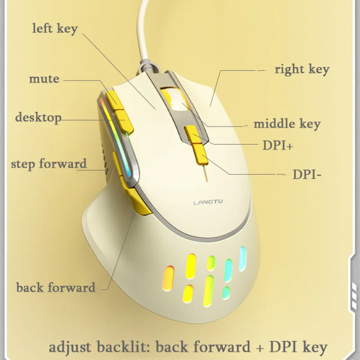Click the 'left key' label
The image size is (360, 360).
55,29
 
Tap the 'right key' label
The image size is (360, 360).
302,69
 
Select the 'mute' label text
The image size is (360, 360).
44,79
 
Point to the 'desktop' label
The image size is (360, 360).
38,117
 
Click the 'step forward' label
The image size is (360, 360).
49,163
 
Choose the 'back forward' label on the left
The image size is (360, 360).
56,287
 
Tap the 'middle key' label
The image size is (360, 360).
287,124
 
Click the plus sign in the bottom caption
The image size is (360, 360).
259,347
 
